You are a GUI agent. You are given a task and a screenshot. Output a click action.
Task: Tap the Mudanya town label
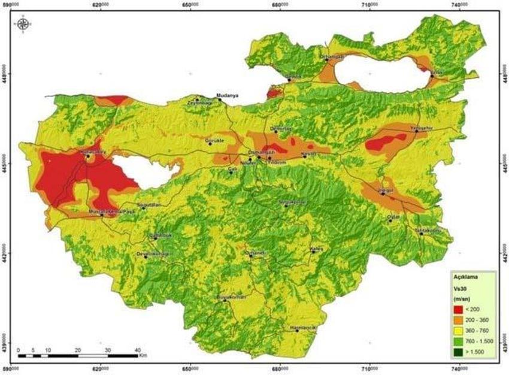[227, 95]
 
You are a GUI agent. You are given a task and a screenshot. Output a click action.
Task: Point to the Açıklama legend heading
[465, 277]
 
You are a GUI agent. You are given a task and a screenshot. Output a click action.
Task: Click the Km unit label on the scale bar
[143, 355]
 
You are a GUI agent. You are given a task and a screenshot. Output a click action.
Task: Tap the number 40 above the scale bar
[137, 349]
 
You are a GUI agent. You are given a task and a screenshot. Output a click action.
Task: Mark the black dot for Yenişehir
[416, 131]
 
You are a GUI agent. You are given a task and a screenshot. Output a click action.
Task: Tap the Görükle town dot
[210, 144]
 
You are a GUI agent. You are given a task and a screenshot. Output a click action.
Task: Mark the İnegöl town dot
[382, 193]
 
